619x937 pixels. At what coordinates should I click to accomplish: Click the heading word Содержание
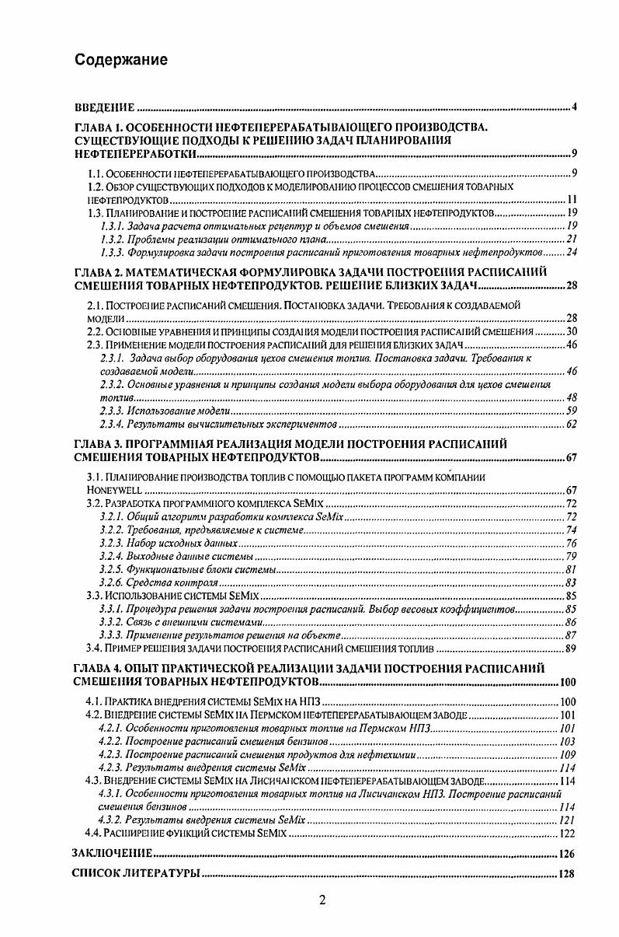pyautogui.click(x=121, y=60)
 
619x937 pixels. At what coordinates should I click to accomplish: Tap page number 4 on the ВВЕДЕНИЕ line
pyautogui.click(x=573, y=107)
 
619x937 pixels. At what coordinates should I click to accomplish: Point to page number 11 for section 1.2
pyautogui.click(x=569, y=200)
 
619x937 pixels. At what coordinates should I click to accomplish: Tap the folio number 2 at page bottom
pyautogui.click(x=322, y=901)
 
